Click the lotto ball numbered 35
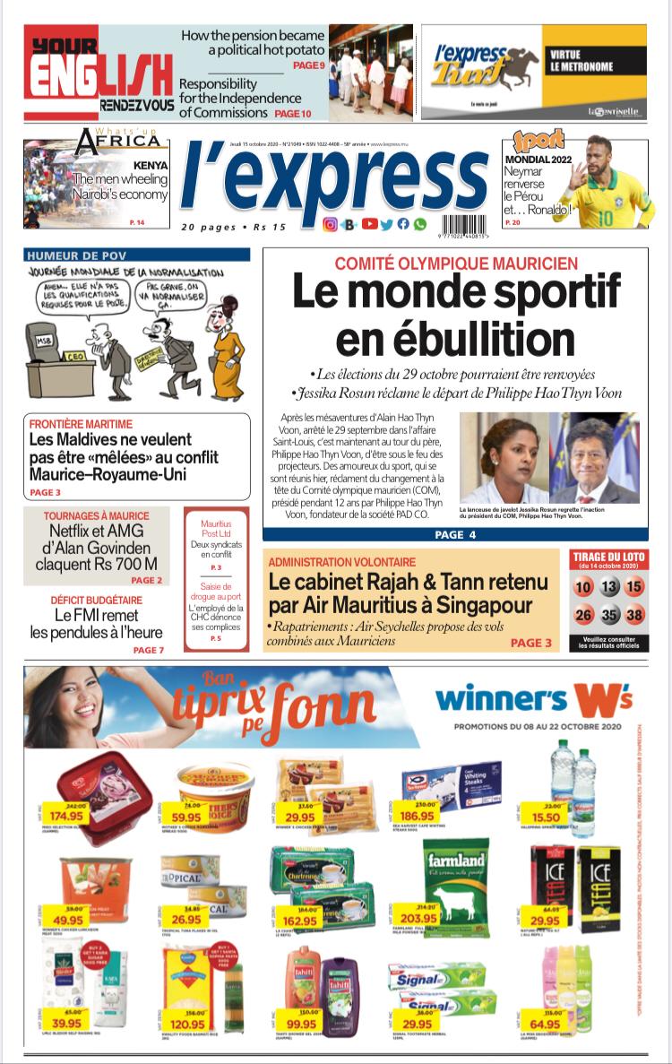(x=609, y=615)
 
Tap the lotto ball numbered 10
(x=584, y=588)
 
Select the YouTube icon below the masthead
(x=368, y=225)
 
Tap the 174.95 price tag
(x=68, y=816)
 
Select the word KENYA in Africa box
(x=151, y=165)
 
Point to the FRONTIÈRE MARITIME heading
(x=81, y=424)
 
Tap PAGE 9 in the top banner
(x=308, y=65)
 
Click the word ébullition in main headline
(x=455, y=339)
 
